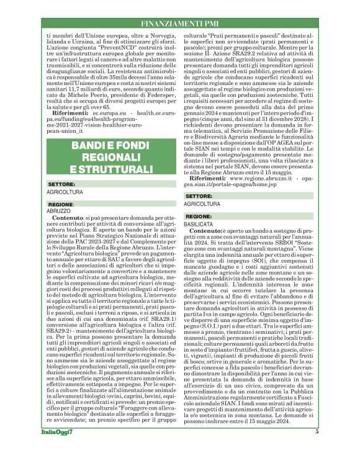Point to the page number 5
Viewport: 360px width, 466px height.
pyautogui.click(x=333, y=449)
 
